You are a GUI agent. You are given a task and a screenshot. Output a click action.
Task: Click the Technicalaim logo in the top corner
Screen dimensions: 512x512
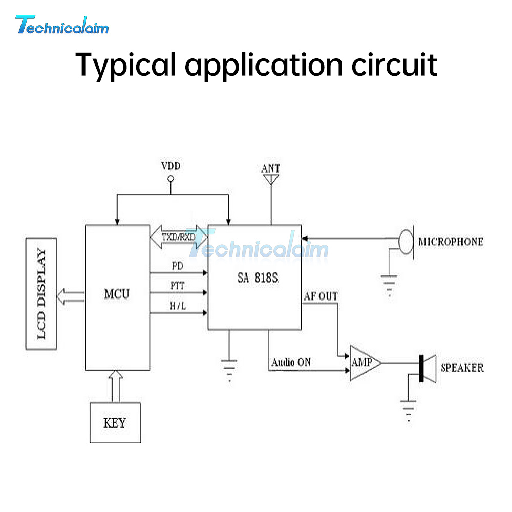click(x=62, y=25)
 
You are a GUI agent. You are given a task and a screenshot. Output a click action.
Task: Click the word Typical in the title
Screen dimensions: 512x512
click(x=125, y=65)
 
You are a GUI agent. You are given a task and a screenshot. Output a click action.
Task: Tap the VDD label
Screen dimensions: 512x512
click(x=171, y=166)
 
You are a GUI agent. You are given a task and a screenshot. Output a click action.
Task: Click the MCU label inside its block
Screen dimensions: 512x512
click(x=117, y=294)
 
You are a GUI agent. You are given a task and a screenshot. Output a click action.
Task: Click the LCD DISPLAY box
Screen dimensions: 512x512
click(x=41, y=293)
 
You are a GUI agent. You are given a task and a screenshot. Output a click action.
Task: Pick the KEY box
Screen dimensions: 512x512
click(x=115, y=423)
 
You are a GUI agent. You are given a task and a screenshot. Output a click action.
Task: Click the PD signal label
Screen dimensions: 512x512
click(x=178, y=266)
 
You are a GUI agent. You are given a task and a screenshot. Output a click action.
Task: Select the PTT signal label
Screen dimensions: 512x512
click(x=178, y=286)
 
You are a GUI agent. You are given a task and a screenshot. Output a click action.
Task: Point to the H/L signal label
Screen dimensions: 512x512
click(x=178, y=306)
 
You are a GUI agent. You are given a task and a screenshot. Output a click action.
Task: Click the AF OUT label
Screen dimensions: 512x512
click(x=321, y=296)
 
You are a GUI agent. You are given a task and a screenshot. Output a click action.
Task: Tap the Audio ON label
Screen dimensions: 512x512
click(x=291, y=362)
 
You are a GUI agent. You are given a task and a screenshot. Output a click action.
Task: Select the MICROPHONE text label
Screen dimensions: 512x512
click(x=451, y=241)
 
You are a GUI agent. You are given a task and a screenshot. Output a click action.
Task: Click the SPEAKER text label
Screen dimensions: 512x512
click(x=462, y=368)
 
